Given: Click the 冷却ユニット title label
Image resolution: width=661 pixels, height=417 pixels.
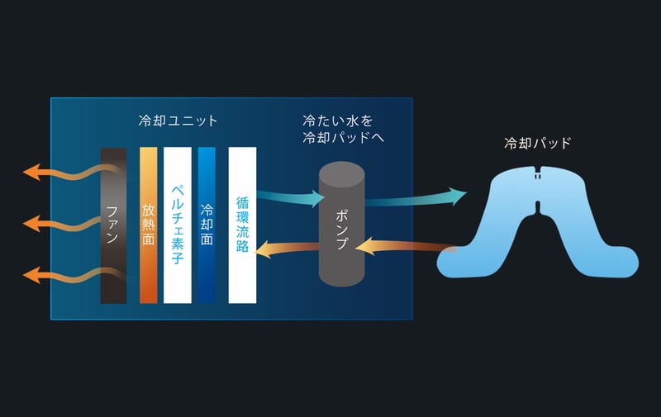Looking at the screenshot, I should click(x=178, y=121).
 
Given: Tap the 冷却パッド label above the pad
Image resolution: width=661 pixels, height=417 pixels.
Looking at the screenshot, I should click(x=537, y=143).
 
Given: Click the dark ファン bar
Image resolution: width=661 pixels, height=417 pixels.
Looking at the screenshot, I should click(x=113, y=225).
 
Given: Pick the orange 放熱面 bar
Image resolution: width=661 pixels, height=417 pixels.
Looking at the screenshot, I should click(x=149, y=225).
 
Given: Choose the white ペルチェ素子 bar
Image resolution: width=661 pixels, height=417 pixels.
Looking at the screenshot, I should click(x=178, y=225).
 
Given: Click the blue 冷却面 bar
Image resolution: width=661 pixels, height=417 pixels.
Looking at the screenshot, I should click(x=207, y=225).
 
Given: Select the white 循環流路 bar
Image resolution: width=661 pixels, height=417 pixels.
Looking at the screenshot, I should click(x=242, y=225).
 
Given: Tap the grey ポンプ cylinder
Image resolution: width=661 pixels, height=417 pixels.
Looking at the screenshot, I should click(x=341, y=224).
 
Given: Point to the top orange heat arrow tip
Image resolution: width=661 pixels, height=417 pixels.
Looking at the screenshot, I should click(x=30, y=172).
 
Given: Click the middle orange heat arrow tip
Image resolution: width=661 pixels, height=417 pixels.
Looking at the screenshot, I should click(x=30, y=223).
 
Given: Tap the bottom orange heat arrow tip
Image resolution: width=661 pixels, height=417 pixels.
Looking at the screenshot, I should click(x=30, y=273).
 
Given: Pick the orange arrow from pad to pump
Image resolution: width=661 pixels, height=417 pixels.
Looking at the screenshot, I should click(x=405, y=245).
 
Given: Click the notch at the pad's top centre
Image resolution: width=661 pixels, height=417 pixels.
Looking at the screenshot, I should click(x=537, y=174).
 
